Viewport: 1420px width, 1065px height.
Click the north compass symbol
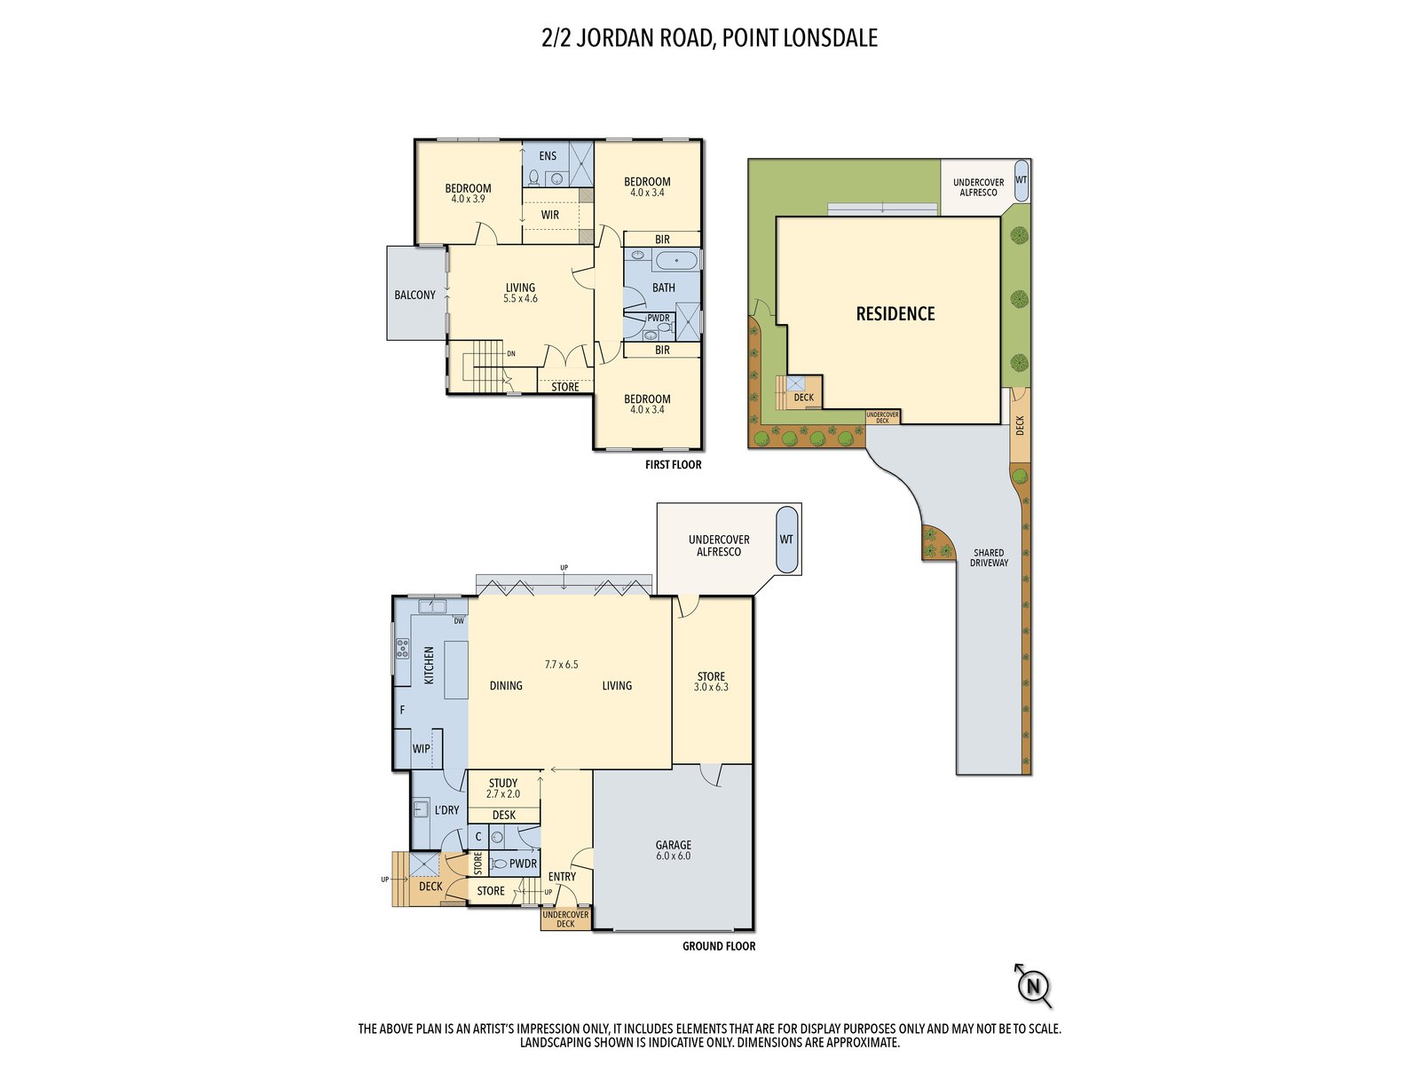coord(1033,985)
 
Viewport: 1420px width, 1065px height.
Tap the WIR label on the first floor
coord(550,215)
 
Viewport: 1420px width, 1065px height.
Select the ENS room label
coord(548,156)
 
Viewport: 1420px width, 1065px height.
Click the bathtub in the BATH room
coord(675,260)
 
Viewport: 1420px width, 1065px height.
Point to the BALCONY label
coord(414,295)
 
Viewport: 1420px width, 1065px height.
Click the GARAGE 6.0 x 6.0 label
coord(673,850)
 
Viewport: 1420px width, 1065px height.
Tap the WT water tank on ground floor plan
coord(786,540)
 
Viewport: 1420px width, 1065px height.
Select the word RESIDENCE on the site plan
coord(895,314)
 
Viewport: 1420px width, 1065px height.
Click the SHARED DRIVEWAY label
coord(989,557)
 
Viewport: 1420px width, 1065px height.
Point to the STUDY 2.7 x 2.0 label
coord(502,788)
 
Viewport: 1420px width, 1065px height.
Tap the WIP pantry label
coord(421,749)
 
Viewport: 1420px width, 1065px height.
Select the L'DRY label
coord(446,810)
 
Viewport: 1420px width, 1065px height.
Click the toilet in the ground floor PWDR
coord(499,864)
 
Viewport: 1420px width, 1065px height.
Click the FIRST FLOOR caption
coord(673,465)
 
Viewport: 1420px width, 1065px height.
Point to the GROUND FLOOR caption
coord(718,947)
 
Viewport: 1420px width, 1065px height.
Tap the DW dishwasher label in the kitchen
coord(459,621)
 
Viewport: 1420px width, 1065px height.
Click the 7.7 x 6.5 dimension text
coord(561,664)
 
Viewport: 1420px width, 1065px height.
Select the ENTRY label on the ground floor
coord(562,877)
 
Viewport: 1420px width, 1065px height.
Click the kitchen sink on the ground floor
coord(431,607)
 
